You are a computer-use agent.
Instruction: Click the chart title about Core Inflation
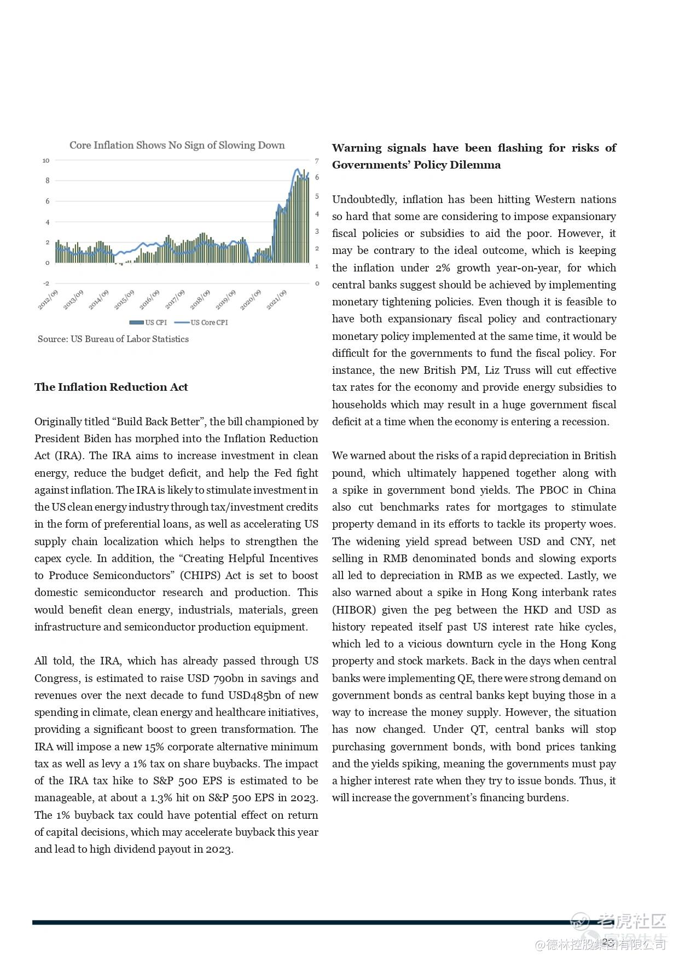click(x=177, y=145)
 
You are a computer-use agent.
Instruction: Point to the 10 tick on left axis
click(x=46, y=160)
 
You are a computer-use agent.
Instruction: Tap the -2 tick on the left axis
click(x=46, y=284)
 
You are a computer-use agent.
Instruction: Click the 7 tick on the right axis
click(x=317, y=161)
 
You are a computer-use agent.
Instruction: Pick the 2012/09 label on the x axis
click(x=48, y=300)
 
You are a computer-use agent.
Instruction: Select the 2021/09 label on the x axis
click(x=277, y=300)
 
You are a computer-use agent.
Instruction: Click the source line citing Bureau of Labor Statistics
click(x=113, y=339)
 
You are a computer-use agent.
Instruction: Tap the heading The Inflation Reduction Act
click(x=111, y=387)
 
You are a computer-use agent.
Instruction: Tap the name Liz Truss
click(x=507, y=370)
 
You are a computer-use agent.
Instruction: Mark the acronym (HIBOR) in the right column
click(x=354, y=610)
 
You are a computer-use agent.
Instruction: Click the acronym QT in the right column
click(x=478, y=729)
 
